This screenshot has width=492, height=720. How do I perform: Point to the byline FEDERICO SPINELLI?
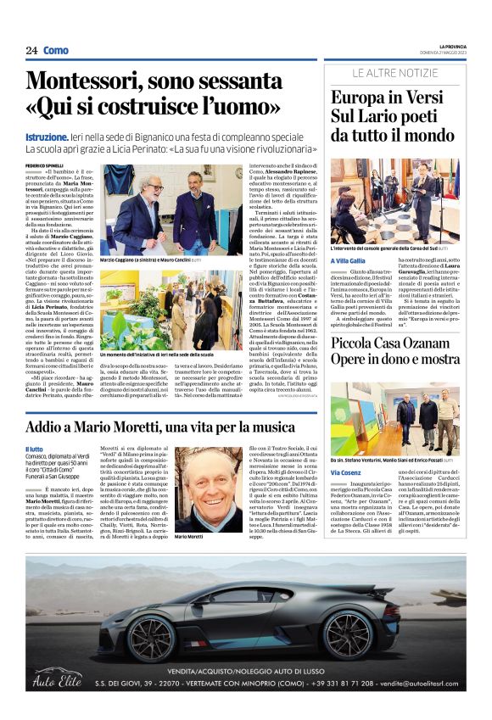[x=44, y=165]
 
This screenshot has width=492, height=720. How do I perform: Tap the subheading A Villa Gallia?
[x=349, y=261]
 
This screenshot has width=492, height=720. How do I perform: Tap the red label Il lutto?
[x=35, y=449]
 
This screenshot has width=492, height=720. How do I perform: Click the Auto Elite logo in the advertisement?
[x=58, y=679]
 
